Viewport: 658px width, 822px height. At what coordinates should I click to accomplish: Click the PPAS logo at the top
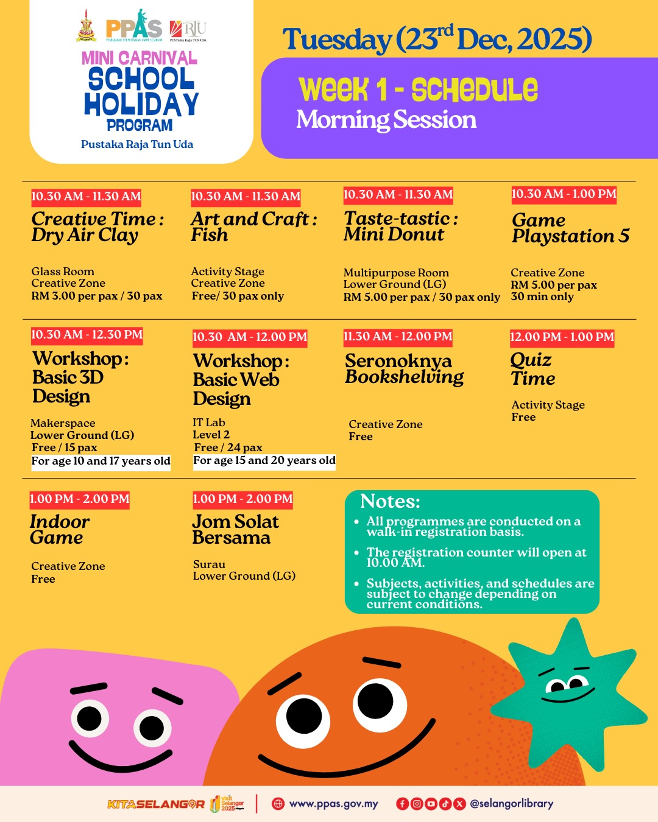click(x=134, y=27)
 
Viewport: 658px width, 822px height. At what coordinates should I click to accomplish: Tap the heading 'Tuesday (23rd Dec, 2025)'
click(x=437, y=40)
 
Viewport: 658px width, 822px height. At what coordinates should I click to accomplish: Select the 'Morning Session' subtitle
click(x=386, y=120)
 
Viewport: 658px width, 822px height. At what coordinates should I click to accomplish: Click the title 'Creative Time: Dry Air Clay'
click(x=97, y=227)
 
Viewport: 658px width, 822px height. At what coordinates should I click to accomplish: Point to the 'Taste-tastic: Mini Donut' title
click(x=400, y=226)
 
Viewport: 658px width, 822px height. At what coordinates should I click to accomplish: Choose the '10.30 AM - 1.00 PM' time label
click(x=564, y=194)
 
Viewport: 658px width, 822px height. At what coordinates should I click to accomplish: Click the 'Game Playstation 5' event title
click(x=570, y=228)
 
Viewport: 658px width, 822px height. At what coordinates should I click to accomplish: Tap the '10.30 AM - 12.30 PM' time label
click(x=87, y=334)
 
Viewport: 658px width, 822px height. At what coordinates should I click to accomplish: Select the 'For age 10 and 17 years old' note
click(x=101, y=461)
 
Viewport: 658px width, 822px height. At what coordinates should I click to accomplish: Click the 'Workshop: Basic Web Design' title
click(x=241, y=379)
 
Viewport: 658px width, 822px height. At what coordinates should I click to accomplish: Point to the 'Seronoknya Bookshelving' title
click(x=404, y=369)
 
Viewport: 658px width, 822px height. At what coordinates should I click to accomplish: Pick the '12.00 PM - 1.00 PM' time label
click(x=562, y=337)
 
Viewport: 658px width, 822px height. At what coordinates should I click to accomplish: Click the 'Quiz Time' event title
click(x=532, y=369)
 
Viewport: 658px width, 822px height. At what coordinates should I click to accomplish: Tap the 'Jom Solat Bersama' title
click(x=235, y=530)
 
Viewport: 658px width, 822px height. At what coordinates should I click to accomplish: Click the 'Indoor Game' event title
click(x=59, y=530)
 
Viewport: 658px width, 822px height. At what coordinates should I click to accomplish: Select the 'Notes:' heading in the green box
click(x=390, y=501)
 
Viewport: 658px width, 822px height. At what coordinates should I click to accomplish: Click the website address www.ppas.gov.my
click(x=333, y=804)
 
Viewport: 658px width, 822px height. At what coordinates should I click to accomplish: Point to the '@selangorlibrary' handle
click(x=511, y=804)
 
